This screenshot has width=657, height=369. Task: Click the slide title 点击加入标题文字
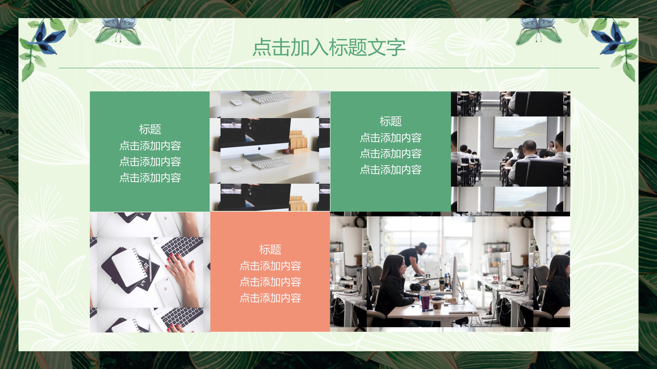329,47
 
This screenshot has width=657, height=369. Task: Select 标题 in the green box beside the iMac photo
150,129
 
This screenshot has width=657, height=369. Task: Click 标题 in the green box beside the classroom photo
391,121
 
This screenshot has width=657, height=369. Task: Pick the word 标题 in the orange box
270,250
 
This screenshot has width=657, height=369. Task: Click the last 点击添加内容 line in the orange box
270,298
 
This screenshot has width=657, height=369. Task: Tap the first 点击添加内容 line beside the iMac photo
150,146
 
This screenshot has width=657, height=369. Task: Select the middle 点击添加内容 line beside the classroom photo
391,154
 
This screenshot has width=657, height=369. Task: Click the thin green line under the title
329,68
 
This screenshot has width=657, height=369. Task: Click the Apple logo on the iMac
259,148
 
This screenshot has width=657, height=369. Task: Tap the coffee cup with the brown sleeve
436,304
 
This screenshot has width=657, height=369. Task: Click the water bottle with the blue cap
422,293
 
